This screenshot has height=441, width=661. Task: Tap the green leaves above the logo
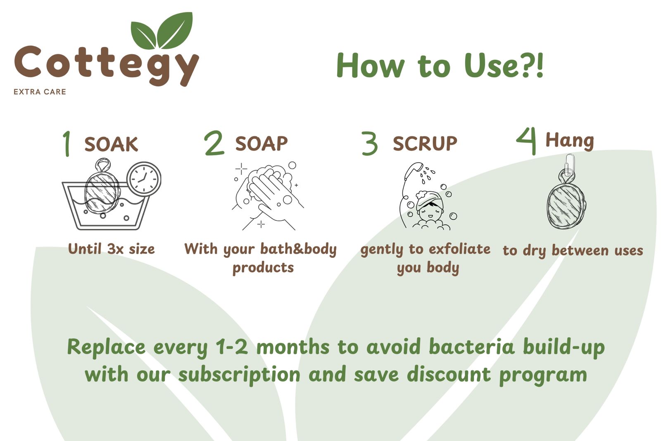click(162, 31)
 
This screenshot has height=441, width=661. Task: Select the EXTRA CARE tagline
click(40, 92)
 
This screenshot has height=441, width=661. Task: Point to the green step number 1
click(67, 143)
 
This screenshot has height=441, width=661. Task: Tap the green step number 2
click(214, 143)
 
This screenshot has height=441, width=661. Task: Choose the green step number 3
click(369, 143)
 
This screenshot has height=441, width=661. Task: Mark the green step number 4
click(527, 141)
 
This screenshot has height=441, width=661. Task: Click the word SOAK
click(111, 144)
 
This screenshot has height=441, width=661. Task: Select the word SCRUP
click(425, 143)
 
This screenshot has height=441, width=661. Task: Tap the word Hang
click(570, 141)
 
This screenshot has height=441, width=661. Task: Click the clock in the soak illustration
click(144, 179)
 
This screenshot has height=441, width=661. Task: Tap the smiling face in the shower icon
click(430, 211)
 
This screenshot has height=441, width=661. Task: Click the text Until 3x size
click(112, 249)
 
